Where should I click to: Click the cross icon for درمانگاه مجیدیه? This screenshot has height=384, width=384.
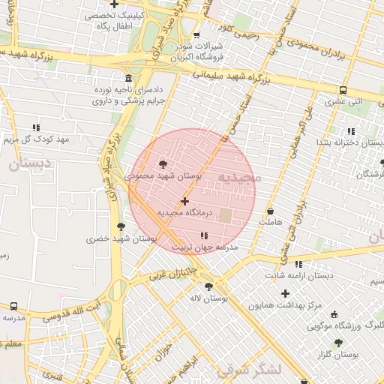coord(184,201)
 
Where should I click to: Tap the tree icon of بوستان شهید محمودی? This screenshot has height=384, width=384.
coord(163,163)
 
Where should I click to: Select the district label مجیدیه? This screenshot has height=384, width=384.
coord(238,177)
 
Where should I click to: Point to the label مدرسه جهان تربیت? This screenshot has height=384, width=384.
coord(205,247)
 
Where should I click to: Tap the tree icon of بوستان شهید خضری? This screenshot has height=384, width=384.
coord(121,226)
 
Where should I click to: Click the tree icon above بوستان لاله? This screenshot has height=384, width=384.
coord(208,286)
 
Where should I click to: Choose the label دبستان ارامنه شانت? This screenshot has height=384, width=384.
coord(298,275)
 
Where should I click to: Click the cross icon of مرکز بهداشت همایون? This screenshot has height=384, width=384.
coord(285,293)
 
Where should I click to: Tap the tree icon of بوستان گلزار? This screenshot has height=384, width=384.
coord(339,342)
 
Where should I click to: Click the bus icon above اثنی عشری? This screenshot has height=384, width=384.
coord(341,90)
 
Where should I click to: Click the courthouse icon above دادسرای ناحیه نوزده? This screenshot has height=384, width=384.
coord(129,78)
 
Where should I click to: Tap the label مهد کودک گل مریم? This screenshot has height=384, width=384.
coord(36,139)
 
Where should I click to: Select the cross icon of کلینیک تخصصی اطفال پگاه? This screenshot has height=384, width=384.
coord(114,4)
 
